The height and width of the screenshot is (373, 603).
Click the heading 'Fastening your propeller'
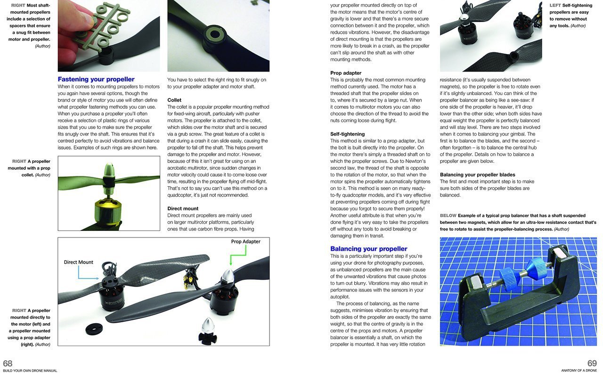pyautogui.click(x=96, y=79)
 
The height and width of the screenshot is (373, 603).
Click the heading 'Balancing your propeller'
pyautogui.click(x=368, y=249)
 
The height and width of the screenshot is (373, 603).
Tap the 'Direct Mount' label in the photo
pyautogui.click(x=79, y=262)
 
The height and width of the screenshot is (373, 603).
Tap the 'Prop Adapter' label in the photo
pyautogui.click(x=245, y=241)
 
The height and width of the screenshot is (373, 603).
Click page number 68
pyautogui.click(x=8, y=363)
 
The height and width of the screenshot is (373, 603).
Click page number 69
pyautogui.click(x=592, y=363)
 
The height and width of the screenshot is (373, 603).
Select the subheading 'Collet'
pyautogui.click(x=174, y=100)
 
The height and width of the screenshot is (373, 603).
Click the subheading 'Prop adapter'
pyautogui.click(x=346, y=73)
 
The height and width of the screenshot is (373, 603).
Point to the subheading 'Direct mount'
pyautogui.click(x=183, y=208)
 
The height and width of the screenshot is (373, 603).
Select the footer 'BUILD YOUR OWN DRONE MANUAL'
pyautogui.click(x=30, y=371)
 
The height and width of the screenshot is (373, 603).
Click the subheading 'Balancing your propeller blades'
pyautogui.click(x=477, y=175)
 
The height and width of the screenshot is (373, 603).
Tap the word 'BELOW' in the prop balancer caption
pyautogui.click(x=448, y=215)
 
